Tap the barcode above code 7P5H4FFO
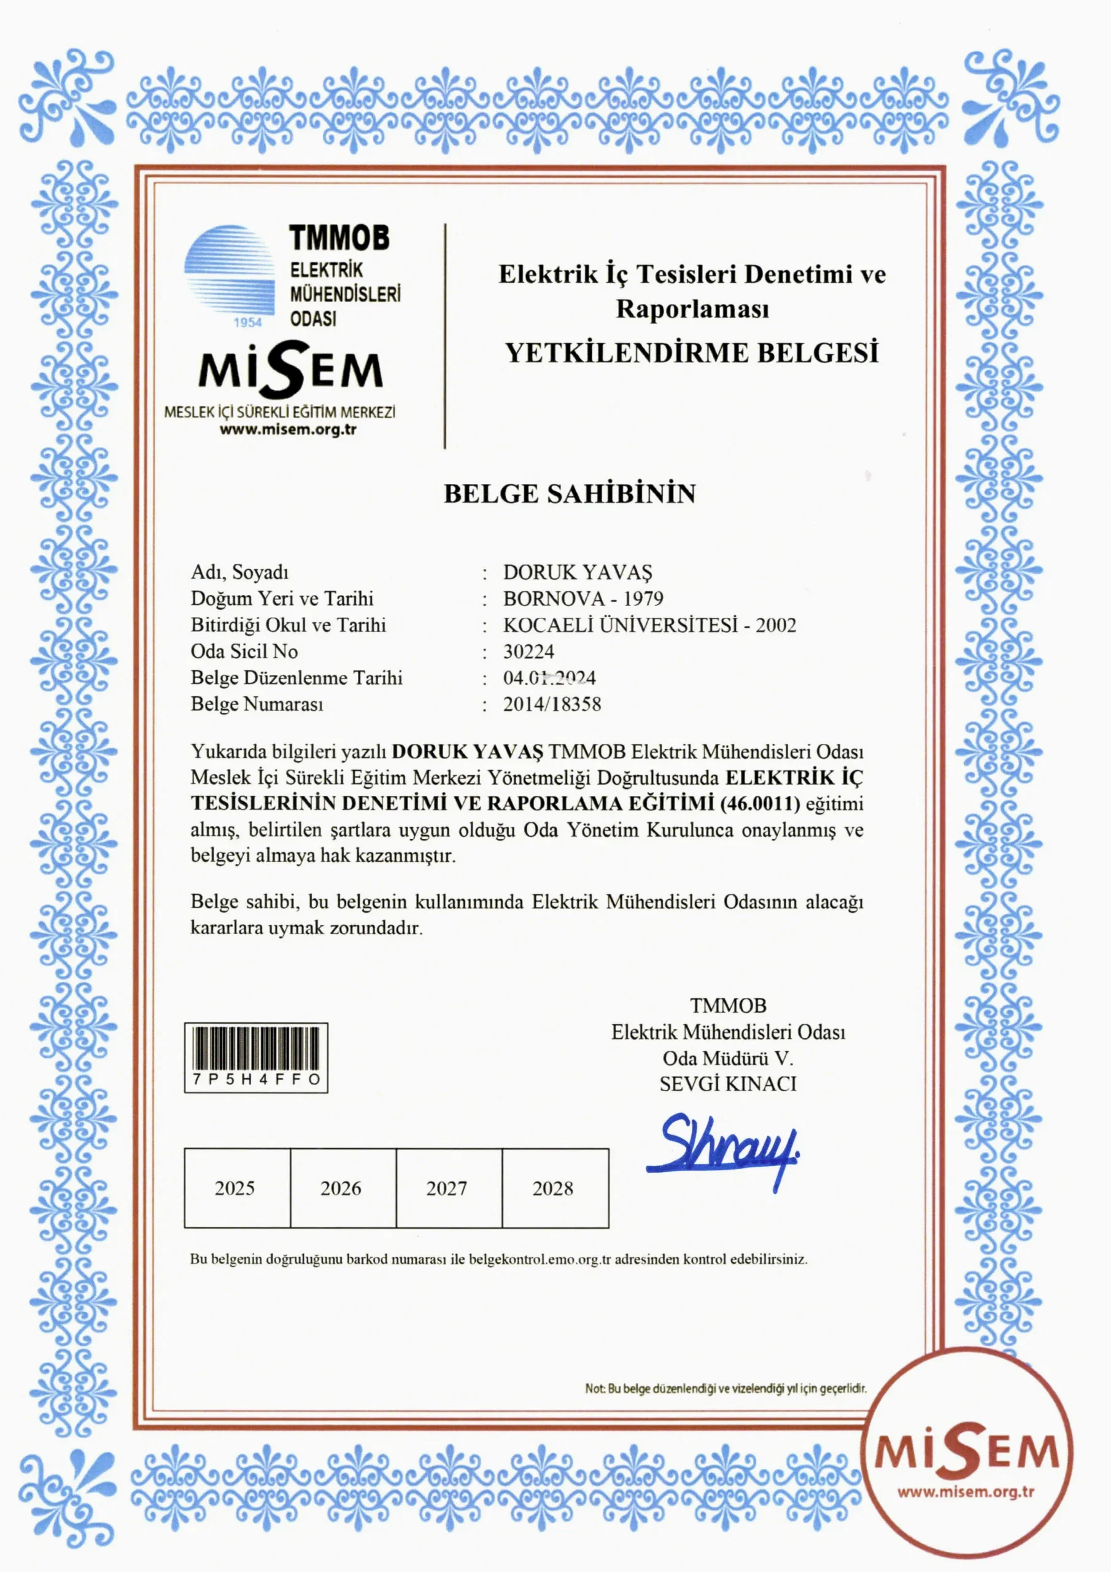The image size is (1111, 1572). [256, 1047]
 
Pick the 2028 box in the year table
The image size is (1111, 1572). [554, 1188]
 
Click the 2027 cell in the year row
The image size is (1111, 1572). [447, 1188]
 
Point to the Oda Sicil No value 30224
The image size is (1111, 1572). [528, 651]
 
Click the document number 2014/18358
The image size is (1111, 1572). [552, 704]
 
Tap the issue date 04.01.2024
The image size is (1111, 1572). [549, 678]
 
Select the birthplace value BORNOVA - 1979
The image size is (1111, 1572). [583, 598]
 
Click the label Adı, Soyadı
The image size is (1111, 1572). [239, 572]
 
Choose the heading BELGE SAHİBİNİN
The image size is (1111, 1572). [570, 494]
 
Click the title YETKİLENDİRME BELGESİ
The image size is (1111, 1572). [691, 353]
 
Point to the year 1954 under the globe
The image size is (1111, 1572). [248, 322]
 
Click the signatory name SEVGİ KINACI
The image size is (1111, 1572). [727, 1084]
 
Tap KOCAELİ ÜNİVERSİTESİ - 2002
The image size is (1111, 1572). [649, 625]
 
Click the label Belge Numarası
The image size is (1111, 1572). [257, 704]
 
